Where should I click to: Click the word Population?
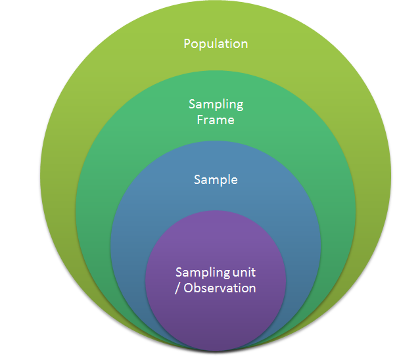(216, 44)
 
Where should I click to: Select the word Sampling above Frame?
(216, 104)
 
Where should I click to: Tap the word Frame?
(216, 120)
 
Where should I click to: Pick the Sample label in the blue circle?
(216, 179)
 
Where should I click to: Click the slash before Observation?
(177, 288)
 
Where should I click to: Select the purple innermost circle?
(216, 309)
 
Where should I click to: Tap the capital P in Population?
(187, 44)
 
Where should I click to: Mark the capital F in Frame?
(200, 120)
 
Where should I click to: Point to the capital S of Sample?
(197, 179)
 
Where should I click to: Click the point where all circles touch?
(216, 347)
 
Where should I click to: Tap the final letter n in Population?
(244, 44)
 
